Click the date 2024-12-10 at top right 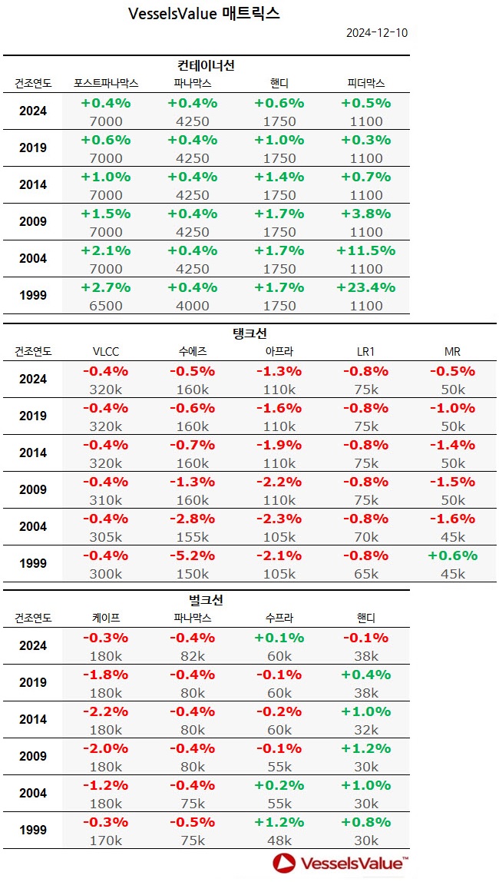tap(375, 32)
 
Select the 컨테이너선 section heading tap(207, 65)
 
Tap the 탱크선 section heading tap(249, 333)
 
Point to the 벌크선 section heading tap(206, 599)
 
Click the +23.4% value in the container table tap(365, 287)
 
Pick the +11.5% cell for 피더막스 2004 tap(365, 250)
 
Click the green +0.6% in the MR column tap(453, 555)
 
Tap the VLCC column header tap(105, 352)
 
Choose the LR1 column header tap(365, 352)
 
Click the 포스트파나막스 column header tap(105, 83)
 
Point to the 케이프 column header tap(105, 618)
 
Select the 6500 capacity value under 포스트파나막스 tap(105, 306)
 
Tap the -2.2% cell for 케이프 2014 tap(105, 711)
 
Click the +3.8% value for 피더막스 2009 tap(365, 214)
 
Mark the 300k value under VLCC tap(105, 574)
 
